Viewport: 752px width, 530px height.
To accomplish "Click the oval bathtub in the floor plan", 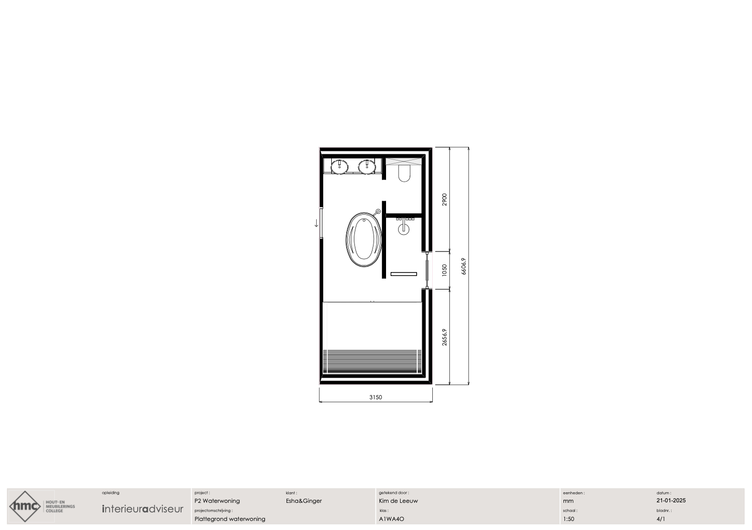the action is point(364,240).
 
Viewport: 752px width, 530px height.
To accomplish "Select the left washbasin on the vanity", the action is point(339,167).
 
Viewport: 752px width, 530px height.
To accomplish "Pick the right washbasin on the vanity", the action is point(366,167).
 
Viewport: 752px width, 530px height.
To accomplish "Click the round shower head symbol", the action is point(404,229).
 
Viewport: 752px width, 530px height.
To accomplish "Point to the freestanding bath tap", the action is point(378,212).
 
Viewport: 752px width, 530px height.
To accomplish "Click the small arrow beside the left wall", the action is point(316,223).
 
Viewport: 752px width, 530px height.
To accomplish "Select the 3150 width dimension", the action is point(375,397).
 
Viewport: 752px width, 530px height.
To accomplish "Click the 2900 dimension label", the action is point(444,200).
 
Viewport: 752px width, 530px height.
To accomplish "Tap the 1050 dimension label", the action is point(444,271).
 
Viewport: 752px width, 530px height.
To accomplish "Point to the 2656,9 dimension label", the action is point(444,337).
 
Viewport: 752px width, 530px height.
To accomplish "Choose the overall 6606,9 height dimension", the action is point(463,267).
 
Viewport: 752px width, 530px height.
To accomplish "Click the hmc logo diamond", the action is point(25,506).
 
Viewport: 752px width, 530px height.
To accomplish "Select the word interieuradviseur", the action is point(143,509).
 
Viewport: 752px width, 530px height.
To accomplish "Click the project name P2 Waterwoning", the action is point(217,501).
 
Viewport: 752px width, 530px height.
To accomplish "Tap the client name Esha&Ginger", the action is point(304,501).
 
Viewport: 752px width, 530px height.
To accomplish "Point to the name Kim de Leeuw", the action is point(399,501).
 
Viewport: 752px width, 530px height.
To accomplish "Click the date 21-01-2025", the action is point(671,500).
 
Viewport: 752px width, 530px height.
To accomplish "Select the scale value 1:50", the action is point(569,519).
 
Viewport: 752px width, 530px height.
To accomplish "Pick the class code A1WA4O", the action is point(392,519).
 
